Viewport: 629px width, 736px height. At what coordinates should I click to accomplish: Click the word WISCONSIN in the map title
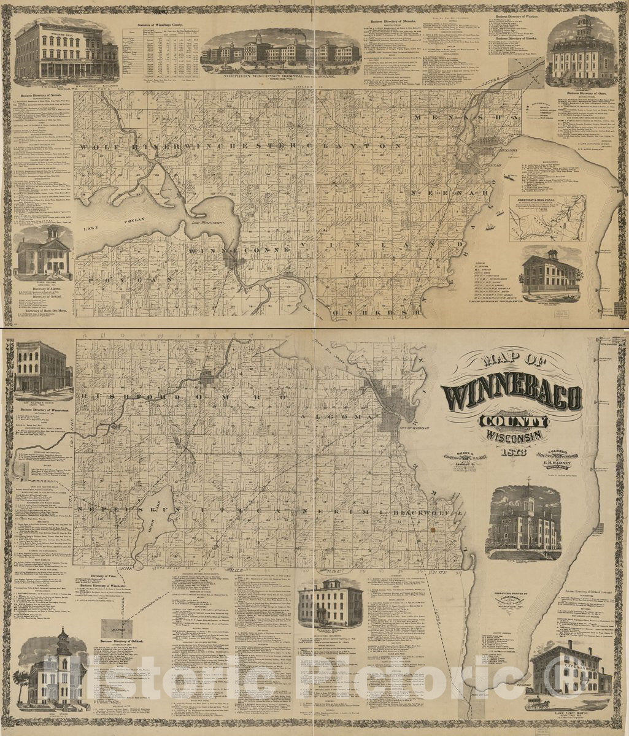coord(514,435)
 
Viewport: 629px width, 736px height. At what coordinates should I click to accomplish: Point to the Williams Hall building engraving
coord(66,52)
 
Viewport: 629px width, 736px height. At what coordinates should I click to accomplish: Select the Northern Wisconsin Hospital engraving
coord(280,48)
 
